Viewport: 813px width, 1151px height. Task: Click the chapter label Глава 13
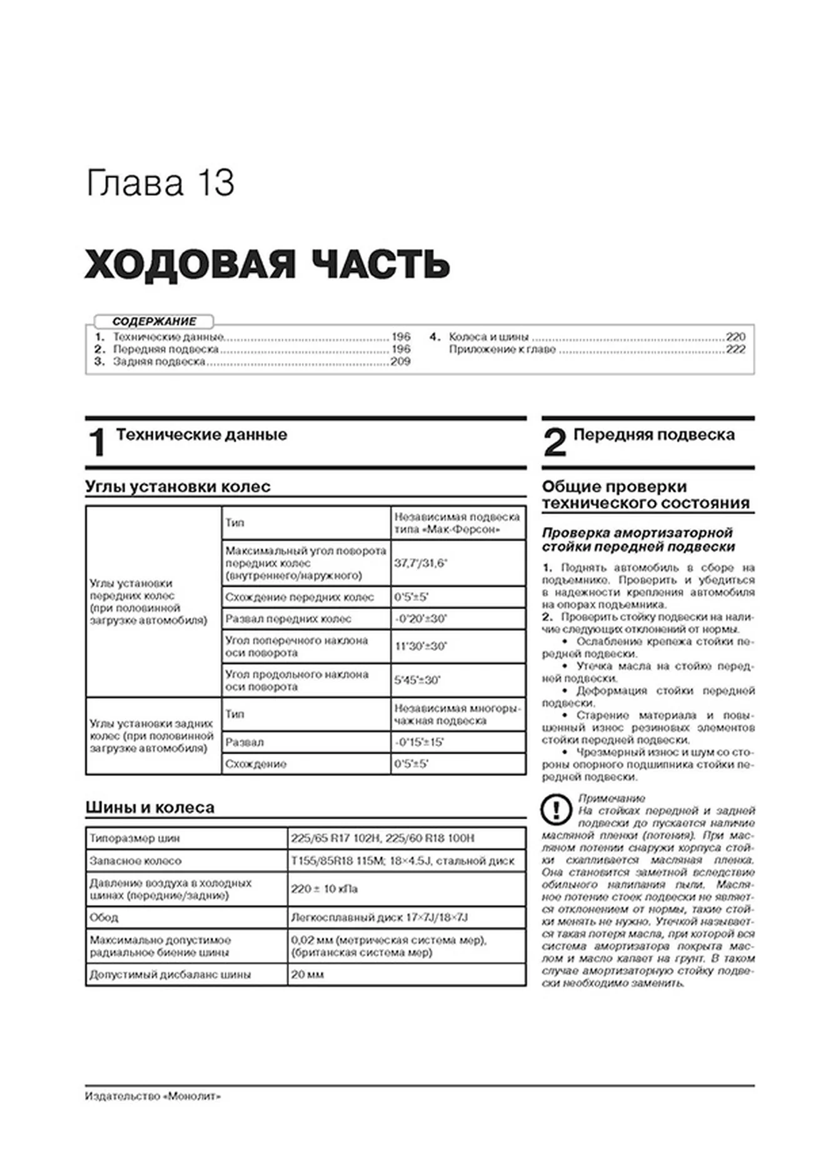click(160, 184)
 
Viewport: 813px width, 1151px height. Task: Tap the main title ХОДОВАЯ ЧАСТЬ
click(267, 263)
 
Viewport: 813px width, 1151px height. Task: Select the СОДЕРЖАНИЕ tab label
click(154, 322)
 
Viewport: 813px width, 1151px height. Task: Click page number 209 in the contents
click(400, 362)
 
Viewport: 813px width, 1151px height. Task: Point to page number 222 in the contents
click(735, 349)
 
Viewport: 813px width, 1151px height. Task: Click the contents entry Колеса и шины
click(488, 337)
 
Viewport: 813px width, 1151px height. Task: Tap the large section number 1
click(98, 442)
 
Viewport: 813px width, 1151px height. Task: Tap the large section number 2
click(555, 442)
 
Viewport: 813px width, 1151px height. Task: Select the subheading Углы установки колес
click(178, 487)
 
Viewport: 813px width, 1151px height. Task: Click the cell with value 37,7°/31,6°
click(420, 563)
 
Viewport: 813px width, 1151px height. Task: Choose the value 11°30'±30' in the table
click(420, 646)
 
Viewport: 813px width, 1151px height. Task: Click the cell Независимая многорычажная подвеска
click(457, 714)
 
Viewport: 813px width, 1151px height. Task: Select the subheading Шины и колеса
click(149, 807)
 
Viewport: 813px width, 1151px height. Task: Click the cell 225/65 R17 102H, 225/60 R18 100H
click(382, 838)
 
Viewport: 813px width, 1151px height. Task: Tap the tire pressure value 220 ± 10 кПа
click(324, 889)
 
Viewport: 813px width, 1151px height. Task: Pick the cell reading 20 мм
click(307, 975)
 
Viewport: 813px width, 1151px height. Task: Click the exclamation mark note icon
click(555, 810)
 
